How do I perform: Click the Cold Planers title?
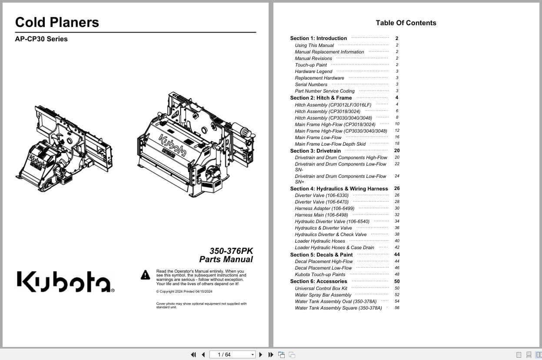57,23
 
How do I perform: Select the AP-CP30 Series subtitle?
41,39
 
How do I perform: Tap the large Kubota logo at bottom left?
65,282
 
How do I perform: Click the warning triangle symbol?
146,275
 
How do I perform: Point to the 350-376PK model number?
231,251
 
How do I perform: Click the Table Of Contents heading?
406,23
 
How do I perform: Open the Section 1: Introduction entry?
319,38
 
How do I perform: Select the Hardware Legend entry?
313,71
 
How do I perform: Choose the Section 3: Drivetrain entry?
316,151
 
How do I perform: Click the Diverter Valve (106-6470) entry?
322,202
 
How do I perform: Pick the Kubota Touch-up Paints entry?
320,274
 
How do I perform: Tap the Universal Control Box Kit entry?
321,288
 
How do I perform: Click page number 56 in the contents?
397,308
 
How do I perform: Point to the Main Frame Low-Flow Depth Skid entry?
330,144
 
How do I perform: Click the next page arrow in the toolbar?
261,355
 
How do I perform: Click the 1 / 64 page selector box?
233,355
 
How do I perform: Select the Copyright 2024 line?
184,291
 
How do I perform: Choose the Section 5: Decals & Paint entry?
321,255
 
